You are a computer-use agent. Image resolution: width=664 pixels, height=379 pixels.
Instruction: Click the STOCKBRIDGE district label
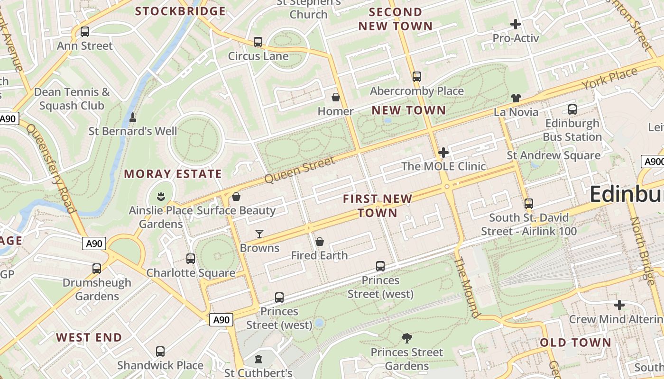pos(180,11)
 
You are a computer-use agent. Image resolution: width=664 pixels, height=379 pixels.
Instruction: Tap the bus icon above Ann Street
pos(85,32)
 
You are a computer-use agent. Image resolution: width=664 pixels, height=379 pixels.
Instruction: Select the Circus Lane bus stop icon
pos(258,42)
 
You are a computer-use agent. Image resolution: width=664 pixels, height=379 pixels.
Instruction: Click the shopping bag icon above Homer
pos(336,98)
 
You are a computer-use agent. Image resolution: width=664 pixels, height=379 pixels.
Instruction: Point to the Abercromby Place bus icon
pos(417,77)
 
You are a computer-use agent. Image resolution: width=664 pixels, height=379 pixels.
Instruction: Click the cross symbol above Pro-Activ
pos(516,24)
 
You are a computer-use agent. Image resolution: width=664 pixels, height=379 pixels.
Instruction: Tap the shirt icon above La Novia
pos(516,98)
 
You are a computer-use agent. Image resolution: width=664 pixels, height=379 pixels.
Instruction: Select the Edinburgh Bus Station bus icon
pos(572,109)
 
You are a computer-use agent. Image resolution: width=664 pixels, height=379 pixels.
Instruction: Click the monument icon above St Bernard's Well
pos(133,117)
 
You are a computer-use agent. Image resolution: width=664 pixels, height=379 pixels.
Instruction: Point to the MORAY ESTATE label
pos(173,174)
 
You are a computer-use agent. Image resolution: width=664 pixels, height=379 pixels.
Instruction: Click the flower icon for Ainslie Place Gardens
pos(161,196)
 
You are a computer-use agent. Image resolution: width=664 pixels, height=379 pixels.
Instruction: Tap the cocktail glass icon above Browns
pos(259,234)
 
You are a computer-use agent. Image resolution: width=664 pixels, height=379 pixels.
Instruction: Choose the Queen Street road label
pos(300,170)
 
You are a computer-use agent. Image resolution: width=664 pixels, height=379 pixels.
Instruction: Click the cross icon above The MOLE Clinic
pos(443,153)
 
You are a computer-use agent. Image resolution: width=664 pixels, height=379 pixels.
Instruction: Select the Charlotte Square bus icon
pos(191,259)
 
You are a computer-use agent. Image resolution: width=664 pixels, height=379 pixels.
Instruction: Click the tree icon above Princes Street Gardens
pos(406,338)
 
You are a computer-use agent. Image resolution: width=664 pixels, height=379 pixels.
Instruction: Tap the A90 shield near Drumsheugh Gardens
pos(94,244)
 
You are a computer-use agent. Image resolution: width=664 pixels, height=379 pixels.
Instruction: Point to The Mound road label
pos(468,288)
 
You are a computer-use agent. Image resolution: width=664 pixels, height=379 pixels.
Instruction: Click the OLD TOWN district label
pos(576,343)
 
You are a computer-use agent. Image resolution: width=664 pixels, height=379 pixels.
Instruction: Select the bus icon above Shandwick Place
pos(160,352)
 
